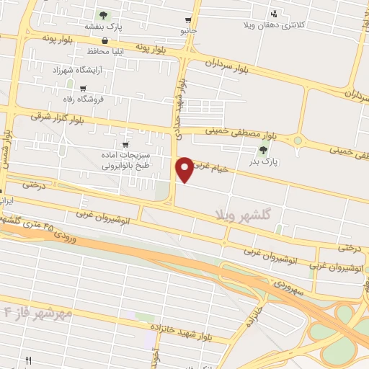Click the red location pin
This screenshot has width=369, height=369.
(185, 168)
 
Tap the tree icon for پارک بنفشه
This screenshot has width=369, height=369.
(104, 14)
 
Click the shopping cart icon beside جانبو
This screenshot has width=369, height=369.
(188, 20)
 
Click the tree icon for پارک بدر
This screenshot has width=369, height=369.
(263, 151)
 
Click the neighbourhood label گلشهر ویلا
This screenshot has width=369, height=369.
(246, 214)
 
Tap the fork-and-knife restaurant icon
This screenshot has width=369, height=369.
(29, 360)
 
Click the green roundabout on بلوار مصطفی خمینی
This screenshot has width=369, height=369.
(298, 140)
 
